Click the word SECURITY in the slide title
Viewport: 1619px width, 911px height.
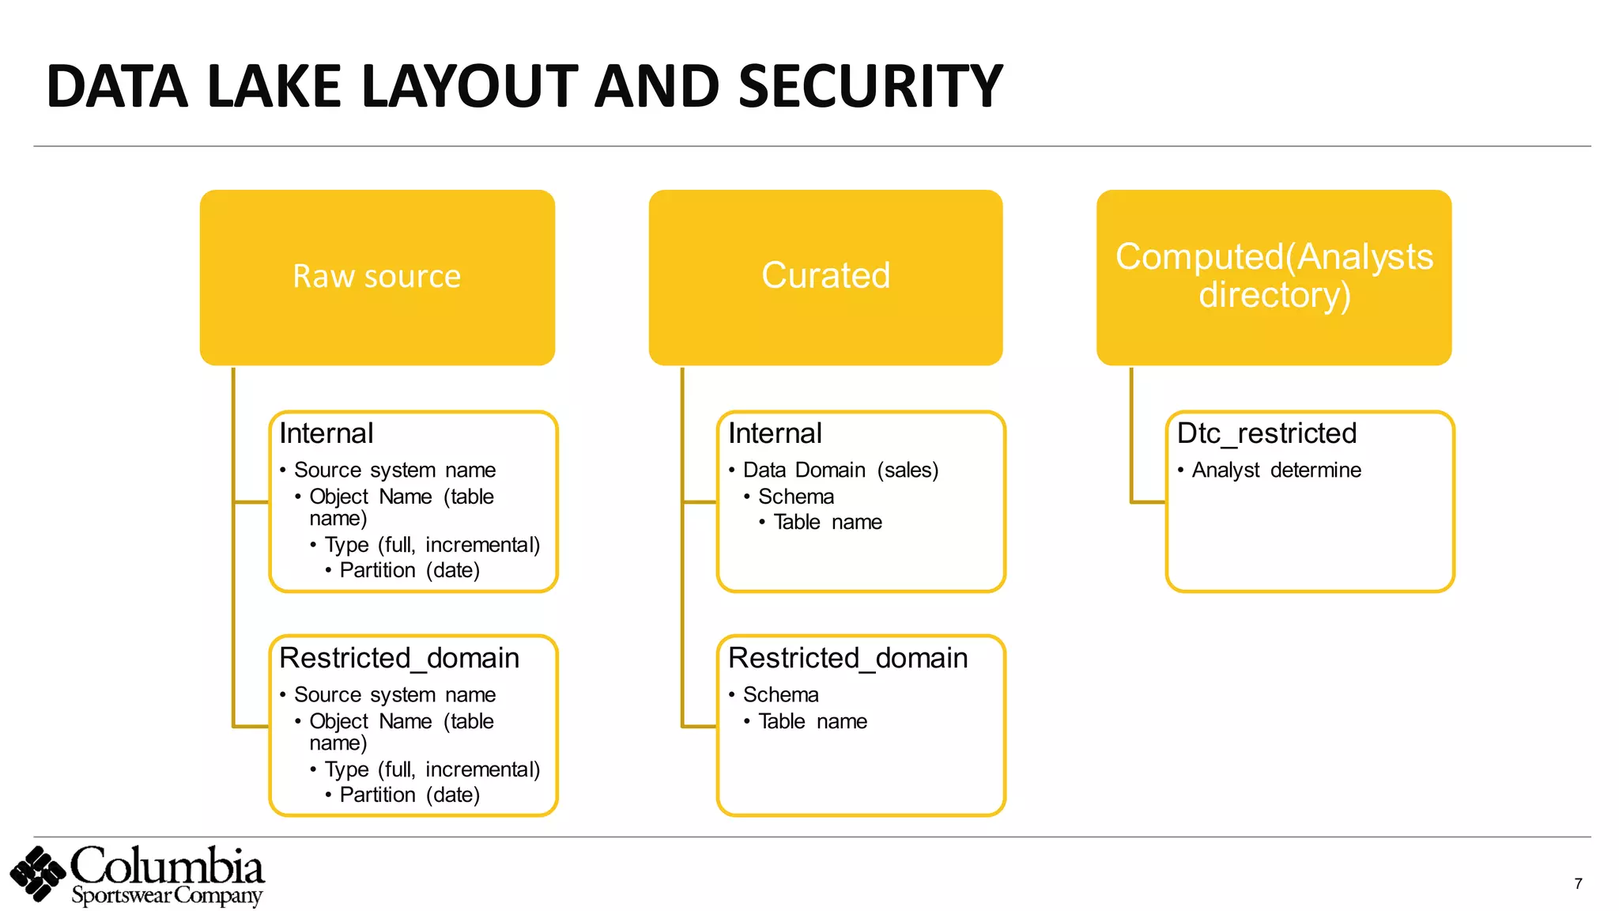pyautogui.click(x=870, y=86)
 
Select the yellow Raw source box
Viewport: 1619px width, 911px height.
pyautogui.click(x=377, y=277)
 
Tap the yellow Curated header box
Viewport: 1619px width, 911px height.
pyautogui.click(x=825, y=277)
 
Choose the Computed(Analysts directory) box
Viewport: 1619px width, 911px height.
pyautogui.click(x=1274, y=277)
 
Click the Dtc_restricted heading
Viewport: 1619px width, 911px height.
pyautogui.click(x=1266, y=433)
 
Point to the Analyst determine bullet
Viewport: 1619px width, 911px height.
pyautogui.click(x=1276, y=471)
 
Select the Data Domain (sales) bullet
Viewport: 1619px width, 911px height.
pyautogui.click(x=840, y=471)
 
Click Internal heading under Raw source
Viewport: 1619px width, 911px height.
pyautogui.click(x=326, y=433)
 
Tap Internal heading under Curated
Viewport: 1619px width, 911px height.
pyautogui.click(x=775, y=433)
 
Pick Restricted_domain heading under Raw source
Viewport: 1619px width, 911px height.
pyautogui.click(x=399, y=658)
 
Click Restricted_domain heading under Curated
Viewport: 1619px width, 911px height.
pyautogui.click(x=847, y=658)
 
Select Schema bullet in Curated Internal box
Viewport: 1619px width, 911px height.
pyautogui.click(x=796, y=497)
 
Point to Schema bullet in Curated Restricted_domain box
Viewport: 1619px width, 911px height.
pyautogui.click(x=780, y=694)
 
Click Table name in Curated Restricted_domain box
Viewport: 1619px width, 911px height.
pyautogui.click(x=812, y=721)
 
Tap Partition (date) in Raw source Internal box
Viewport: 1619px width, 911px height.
pyautogui.click(x=409, y=570)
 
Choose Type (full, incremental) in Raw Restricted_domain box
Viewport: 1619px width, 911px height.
pyautogui.click(x=432, y=769)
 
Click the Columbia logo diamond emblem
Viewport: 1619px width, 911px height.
pyautogui.click(x=37, y=874)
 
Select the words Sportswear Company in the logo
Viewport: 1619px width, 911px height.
pyautogui.click(x=166, y=897)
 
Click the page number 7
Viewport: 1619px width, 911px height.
pyautogui.click(x=1578, y=884)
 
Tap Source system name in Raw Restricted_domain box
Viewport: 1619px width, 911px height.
pyautogui.click(x=394, y=694)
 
